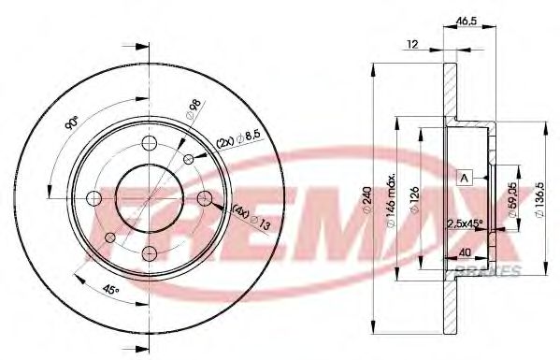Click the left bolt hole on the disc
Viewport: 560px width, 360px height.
tap(93, 197)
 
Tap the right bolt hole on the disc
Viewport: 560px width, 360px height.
tap(204, 197)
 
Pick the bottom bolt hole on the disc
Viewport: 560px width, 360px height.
tap(149, 252)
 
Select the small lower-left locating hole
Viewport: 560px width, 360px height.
tap(110, 238)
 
